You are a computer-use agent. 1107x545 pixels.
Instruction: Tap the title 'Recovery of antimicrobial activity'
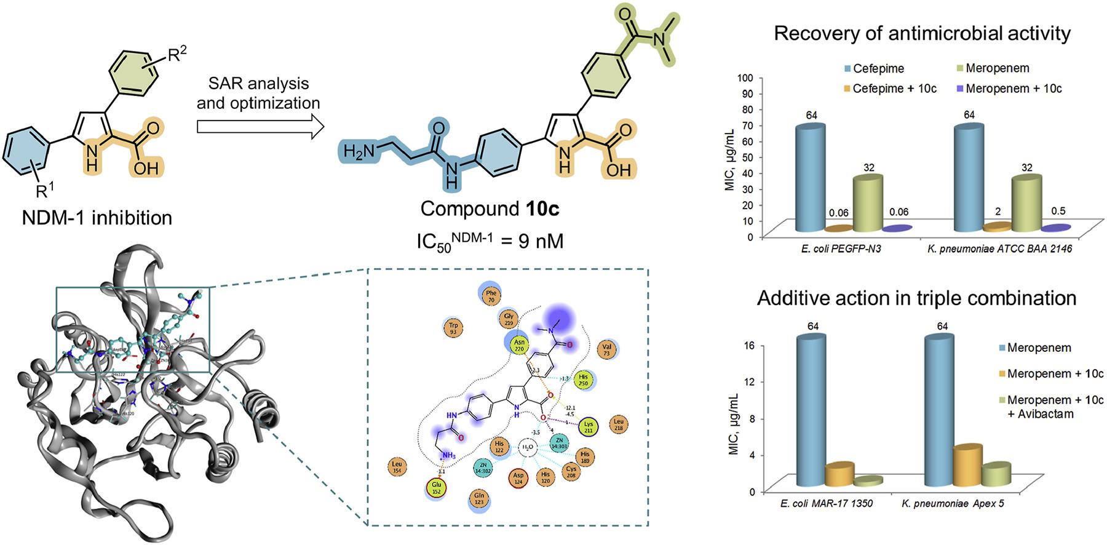(x=922, y=33)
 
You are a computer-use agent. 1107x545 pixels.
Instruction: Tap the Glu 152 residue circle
(x=436, y=487)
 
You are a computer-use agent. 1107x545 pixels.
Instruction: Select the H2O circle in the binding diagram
(x=527, y=447)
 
